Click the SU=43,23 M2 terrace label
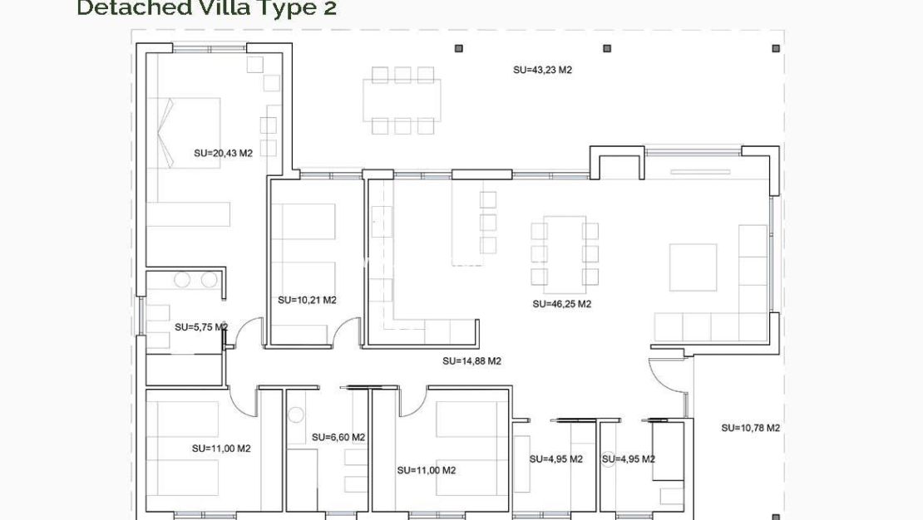tap(542, 71)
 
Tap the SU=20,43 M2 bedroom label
tap(223, 153)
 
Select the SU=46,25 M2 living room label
tap(561, 304)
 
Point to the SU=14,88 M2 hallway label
tap(471, 361)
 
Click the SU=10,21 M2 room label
tap(307, 300)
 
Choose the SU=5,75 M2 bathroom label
tap(200, 327)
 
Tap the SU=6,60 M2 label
tap(338, 437)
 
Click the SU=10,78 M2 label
tap(750, 428)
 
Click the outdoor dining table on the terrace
tap(402, 100)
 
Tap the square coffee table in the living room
tap(693, 267)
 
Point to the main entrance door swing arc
tap(665, 378)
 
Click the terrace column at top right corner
tap(775, 49)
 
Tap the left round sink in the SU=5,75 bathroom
tap(182, 280)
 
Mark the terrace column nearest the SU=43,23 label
tap(607, 49)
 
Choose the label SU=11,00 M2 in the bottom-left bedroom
tap(221, 449)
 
